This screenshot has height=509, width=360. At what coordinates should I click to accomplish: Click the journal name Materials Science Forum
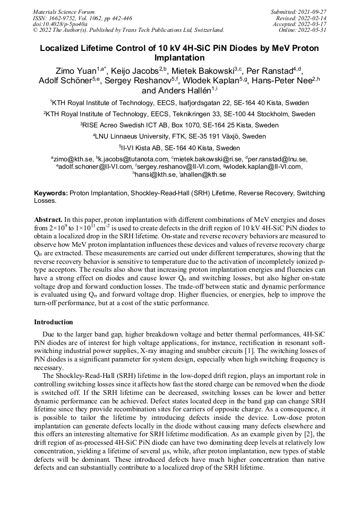pos(64,12)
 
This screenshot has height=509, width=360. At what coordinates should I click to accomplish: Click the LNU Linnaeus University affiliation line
pos(179,136)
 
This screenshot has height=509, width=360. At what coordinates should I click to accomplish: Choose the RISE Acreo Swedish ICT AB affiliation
pos(179,125)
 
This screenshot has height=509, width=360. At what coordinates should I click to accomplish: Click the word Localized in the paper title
pos(62,48)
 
